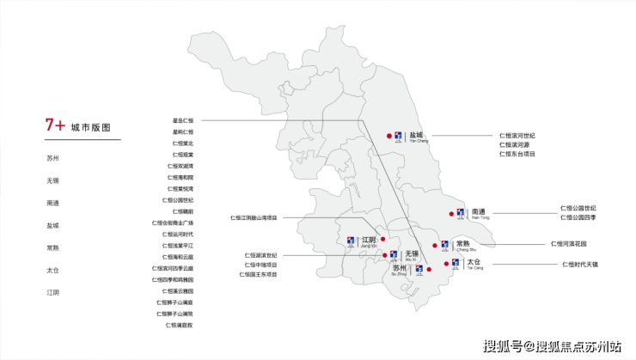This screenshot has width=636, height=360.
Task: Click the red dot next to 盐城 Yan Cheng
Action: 388,135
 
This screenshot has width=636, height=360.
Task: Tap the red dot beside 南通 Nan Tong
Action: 449,212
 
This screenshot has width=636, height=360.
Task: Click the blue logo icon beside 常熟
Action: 444,245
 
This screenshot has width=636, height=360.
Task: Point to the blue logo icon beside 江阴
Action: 351,241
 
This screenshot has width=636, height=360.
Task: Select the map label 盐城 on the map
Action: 417,136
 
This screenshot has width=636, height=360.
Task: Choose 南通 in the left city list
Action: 53,203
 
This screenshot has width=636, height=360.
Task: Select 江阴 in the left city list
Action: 53,292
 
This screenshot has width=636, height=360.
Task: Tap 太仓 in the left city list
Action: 53,270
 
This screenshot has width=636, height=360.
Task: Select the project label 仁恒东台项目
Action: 517,154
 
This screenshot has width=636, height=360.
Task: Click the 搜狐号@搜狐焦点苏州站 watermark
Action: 552,346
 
